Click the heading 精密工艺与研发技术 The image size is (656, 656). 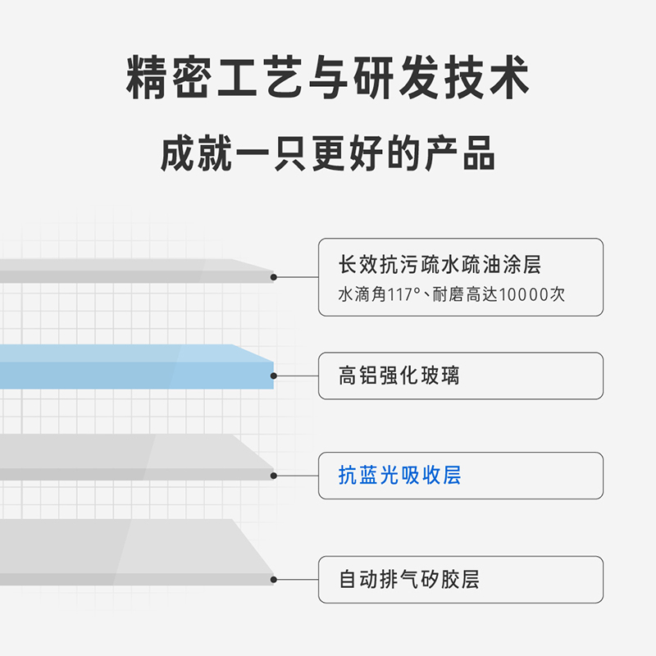coord(328,80)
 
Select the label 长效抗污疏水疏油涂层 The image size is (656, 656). coord(440,265)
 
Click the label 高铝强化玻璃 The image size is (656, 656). coord(399,376)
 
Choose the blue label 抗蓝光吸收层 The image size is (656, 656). coord(400,475)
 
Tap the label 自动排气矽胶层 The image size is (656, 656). coord(409,580)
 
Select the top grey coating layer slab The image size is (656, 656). coord(131,271)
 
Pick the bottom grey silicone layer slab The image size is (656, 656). coord(131,551)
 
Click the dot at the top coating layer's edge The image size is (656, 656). coord(274,277)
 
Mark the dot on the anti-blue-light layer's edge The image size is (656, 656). coord(274,476)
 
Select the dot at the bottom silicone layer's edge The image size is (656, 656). coord(274,580)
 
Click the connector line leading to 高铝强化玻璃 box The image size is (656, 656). coord(297,376)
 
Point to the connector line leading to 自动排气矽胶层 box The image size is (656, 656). coord(297,580)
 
